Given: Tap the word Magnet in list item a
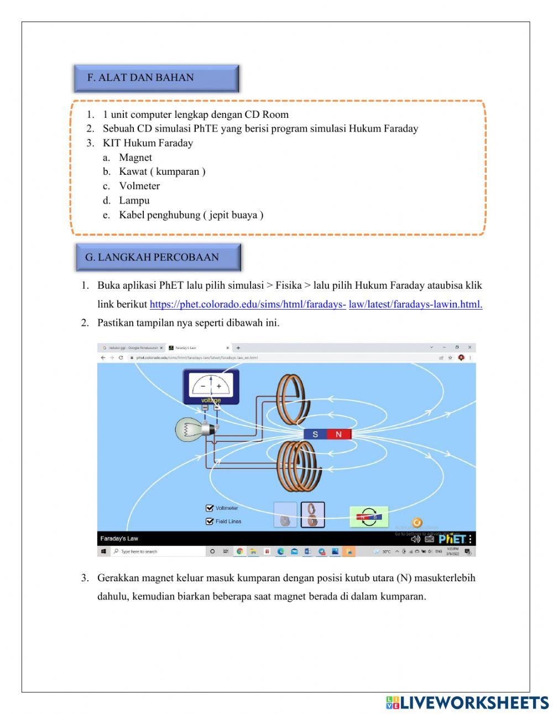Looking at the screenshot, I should (x=135, y=157).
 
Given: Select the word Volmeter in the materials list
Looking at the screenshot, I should (x=139, y=186).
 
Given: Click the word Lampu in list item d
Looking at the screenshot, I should (x=134, y=200).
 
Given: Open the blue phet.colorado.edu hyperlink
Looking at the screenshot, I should (x=316, y=304).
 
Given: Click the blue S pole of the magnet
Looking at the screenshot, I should (x=315, y=434).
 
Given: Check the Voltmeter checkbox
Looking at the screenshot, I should (x=210, y=508).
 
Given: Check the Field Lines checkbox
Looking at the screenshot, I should (x=210, y=521).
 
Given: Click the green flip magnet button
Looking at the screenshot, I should (x=369, y=517).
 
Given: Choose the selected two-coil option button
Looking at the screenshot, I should (x=312, y=515).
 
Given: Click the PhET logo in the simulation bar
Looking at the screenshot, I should (x=452, y=539).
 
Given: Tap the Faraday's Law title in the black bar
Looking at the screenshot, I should (x=119, y=539).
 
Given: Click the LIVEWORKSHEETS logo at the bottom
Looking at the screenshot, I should (x=467, y=702).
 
